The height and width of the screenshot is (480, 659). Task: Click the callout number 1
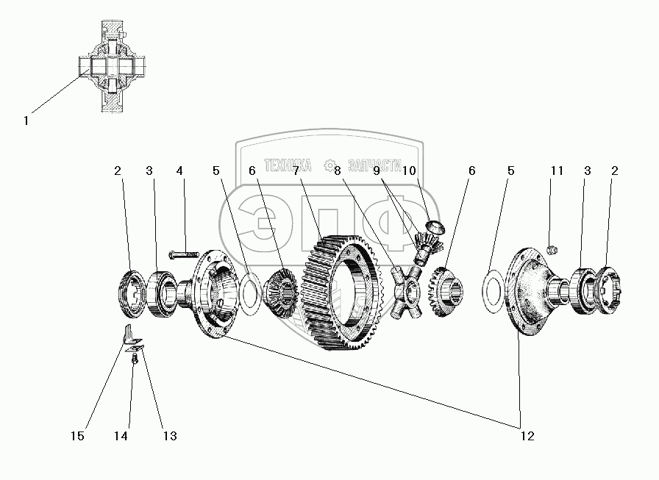(26, 121)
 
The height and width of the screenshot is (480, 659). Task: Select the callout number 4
(179, 171)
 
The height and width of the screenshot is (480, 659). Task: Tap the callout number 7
(295, 171)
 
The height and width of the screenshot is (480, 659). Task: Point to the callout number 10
(410, 171)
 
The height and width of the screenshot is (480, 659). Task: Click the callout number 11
(557, 171)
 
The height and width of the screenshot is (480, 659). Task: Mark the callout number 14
(121, 436)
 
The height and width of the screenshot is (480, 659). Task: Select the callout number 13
(170, 436)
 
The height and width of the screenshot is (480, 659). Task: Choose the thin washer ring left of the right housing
(494, 284)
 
